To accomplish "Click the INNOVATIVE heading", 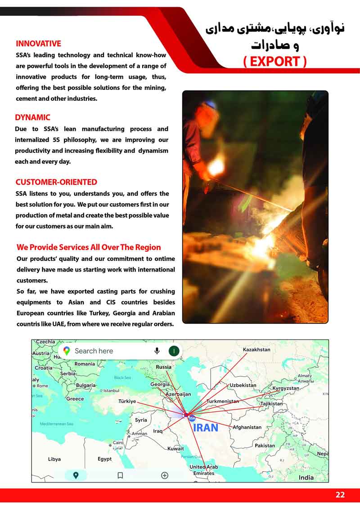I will coord(38,44).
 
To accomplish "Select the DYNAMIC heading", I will coord(32,117).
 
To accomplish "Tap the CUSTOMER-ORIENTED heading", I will coord(56,182).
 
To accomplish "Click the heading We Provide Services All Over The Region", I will coord(88,247).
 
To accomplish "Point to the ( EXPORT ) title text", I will coord(274,61).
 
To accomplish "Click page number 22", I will coord(340,495).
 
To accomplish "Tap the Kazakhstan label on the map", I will coord(256,349).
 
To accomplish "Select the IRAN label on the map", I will coord(205,428).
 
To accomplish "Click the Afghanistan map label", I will coord(247,427).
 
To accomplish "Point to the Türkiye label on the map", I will coord(127,401).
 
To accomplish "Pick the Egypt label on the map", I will coord(104,459).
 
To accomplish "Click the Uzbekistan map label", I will coord(243,385).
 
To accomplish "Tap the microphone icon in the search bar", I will coord(157,351).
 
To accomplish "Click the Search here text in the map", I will coord(94,351).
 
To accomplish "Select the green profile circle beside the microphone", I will coord(174,351).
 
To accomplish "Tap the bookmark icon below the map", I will coord(120,475).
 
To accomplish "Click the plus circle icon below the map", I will coord(165,475).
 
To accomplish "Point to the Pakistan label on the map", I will coord(265,446).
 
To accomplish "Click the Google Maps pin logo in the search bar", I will coord(67,351).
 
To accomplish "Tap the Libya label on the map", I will coord(54,459).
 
